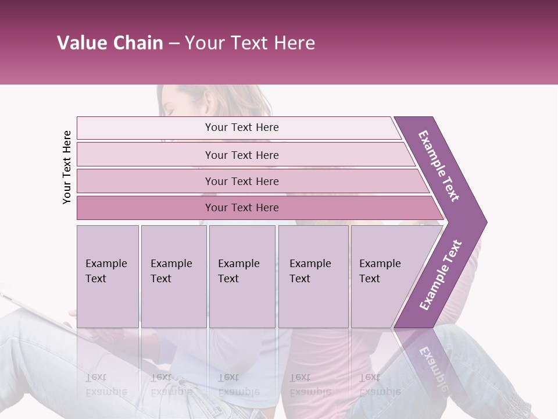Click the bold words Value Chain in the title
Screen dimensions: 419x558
pyautogui.click(x=110, y=43)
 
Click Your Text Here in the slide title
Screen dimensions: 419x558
pyautogui.click(x=250, y=43)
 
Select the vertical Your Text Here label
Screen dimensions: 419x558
pyautogui.click(x=67, y=167)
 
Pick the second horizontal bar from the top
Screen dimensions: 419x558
pyautogui.click(x=242, y=155)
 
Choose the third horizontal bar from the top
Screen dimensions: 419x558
pyautogui.click(x=242, y=181)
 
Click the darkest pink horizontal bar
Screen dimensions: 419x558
pyautogui.click(x=242, y=208)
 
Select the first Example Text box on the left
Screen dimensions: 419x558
pyautogui.click(x=108, y=276)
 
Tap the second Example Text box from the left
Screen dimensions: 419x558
pyautogui.click(x=173, y=276)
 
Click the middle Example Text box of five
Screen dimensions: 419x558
pyautogui.click(x=242, y=276)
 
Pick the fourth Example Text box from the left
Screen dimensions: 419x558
pyautogui.click(x=313, y=276)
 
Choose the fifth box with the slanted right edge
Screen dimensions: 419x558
pyautogui.click(x=387, y=276)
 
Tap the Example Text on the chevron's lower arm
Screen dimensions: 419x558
pyautogui.click(x=441, y=275)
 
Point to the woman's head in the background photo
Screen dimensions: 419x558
pyautogui.click(x=186, y=105)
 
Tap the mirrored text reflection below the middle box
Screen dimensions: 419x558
pyautogui.click(x=239, y=384)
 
